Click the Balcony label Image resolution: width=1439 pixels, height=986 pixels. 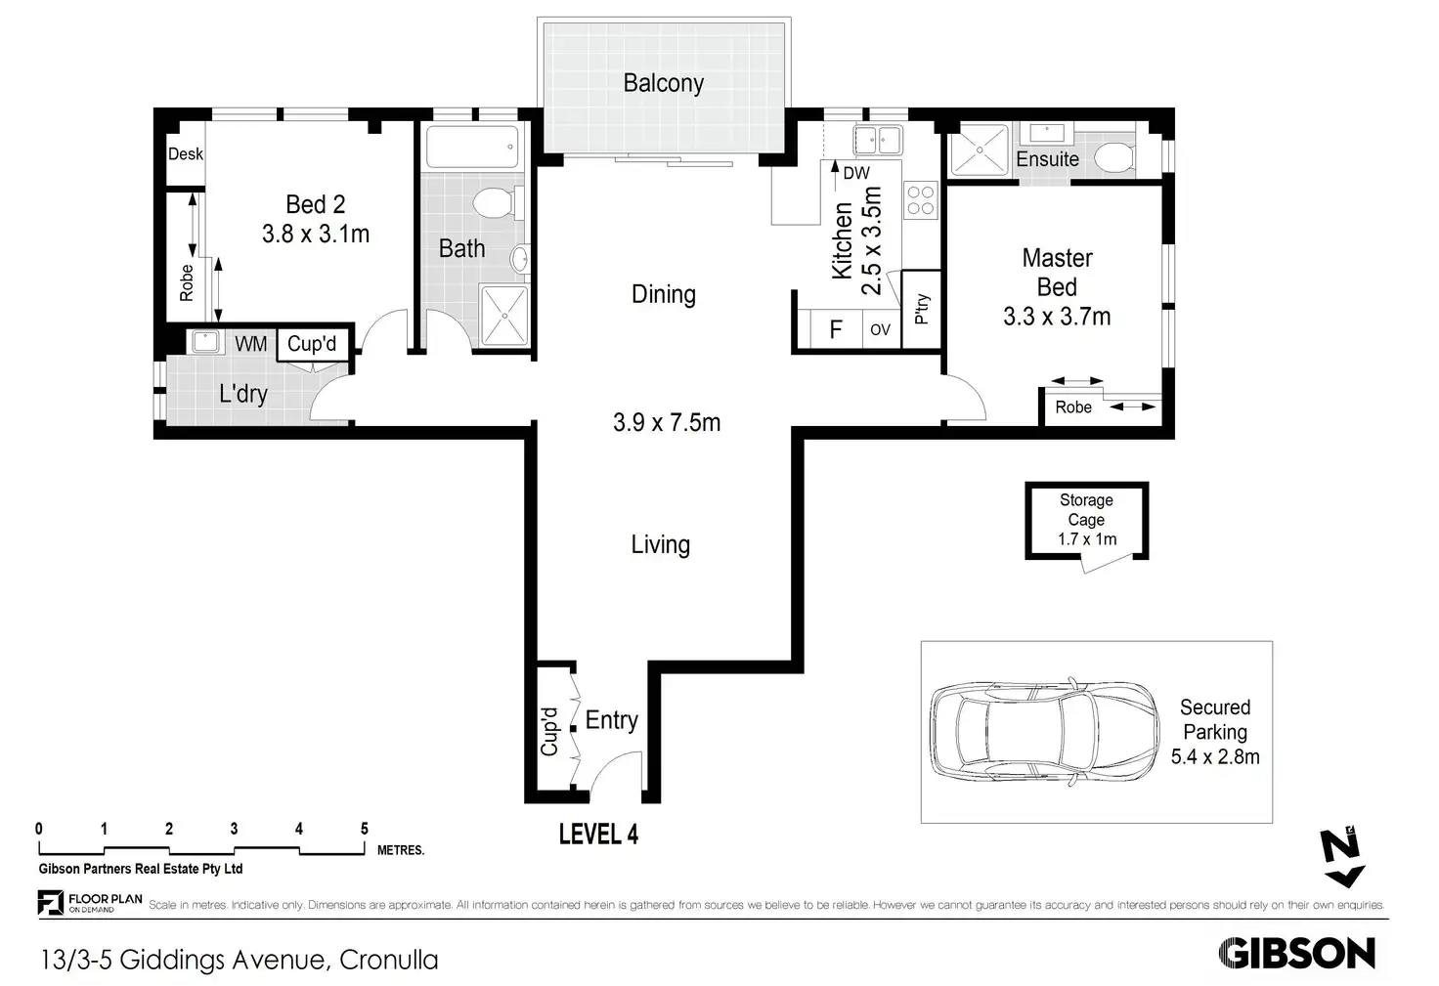click(x=663, y=83)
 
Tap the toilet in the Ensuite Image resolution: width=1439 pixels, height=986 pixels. click(x=1115, y=158)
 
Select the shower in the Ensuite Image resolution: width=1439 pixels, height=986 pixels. click(x=979, y=150)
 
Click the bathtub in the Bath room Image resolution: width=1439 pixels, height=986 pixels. click(x=472, y=148)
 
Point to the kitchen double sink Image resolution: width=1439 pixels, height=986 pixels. click(x=878, y=140)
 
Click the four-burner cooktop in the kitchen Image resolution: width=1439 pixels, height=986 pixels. click(x=921, y=200)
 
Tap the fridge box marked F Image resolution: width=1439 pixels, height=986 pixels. click(x=836, y=329)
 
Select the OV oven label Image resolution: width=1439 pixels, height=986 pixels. click(x=880, y=329)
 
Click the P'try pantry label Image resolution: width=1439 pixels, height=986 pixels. click(x=922, y=309)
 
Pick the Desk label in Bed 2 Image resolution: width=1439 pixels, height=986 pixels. click(x=185, y=154)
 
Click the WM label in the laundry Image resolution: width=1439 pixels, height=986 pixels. click(x=250, y=344)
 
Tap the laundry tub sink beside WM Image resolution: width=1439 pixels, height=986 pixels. click(x=205, y=341)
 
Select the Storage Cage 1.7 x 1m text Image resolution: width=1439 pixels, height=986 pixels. click(x=1086, y=520)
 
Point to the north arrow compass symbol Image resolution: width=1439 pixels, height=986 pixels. click(x=1341, y=857)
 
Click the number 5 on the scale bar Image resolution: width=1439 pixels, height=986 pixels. click(x=365, y=829)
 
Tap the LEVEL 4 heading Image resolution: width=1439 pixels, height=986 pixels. click(x=598, y=835)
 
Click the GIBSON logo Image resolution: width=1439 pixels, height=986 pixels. click(x=1296, y=953)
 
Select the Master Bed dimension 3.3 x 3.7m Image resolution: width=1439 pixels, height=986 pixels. click(x=1057, y=317)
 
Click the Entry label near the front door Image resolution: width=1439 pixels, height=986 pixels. click(x=612, y=721)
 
